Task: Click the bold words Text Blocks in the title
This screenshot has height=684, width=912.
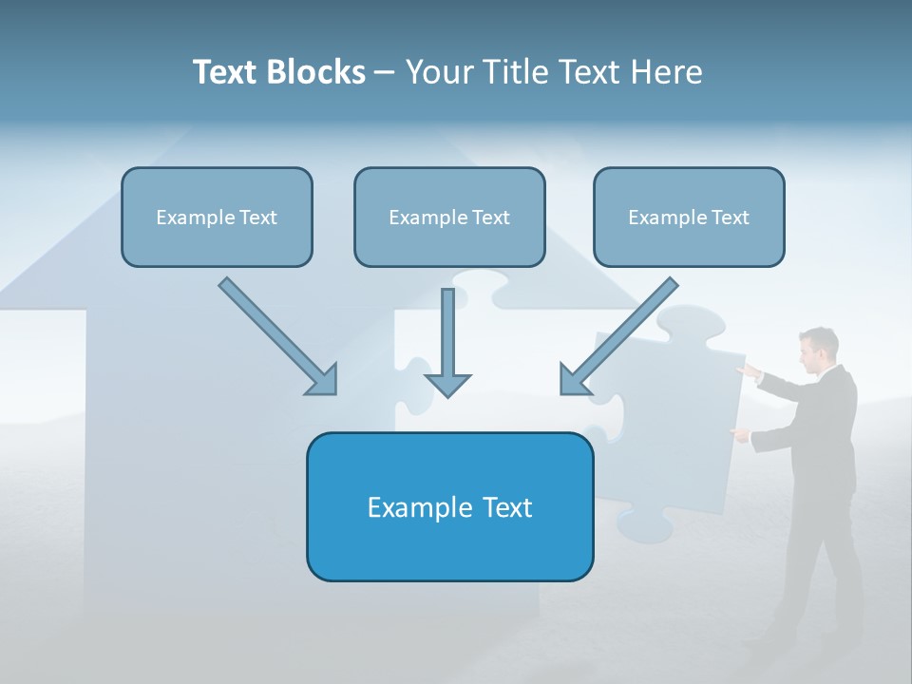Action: click(278, 72)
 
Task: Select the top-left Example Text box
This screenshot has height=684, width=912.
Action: click(217, 217)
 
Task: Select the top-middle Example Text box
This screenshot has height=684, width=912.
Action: click(449, 217)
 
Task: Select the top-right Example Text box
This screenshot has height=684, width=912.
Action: click(689, 217)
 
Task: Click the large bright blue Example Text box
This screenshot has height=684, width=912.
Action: click(449, 506)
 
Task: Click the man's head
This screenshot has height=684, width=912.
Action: click(815, 350)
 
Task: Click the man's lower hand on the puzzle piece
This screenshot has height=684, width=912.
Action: click(738, 433)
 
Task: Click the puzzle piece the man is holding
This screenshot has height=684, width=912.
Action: click(670, 418)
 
